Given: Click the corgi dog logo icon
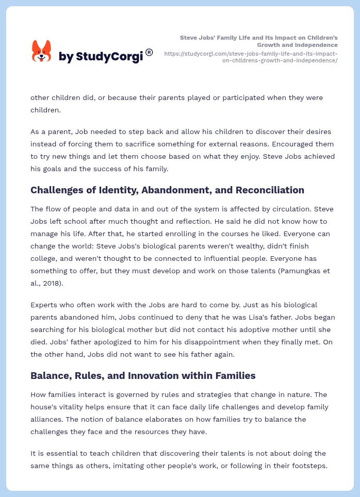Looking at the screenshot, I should [x=42, y=52].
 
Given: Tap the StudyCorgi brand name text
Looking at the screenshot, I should [x=101, y=57].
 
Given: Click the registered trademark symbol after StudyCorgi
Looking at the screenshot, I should [x=149, y=52].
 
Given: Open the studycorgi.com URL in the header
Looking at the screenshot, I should [x=251, y=57].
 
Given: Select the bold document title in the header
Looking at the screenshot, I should [x=258, y=41].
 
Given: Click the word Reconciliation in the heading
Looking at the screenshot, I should [x=270, y=190].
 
